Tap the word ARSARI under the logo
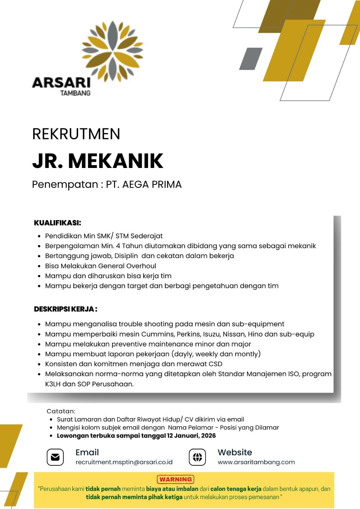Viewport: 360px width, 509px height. point(61,83)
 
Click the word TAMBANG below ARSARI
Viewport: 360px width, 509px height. point(75,93)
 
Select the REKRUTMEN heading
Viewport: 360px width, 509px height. point(76,134)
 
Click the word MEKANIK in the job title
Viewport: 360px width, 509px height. point(116,161)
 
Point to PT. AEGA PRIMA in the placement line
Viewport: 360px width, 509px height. point(144,185)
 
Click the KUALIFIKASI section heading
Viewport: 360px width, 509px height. point(58,223)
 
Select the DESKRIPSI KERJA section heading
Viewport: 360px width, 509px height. point(65,309)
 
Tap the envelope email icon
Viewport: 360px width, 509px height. point(55,457)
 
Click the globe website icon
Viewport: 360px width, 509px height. point(197,457)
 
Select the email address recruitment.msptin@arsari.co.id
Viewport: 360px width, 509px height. point(124,462)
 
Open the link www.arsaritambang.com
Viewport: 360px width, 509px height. point(256,462)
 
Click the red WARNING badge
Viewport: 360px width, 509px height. point(175,479)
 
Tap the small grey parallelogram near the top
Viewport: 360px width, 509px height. point(251,59)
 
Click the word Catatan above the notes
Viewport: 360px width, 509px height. point(61,411)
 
